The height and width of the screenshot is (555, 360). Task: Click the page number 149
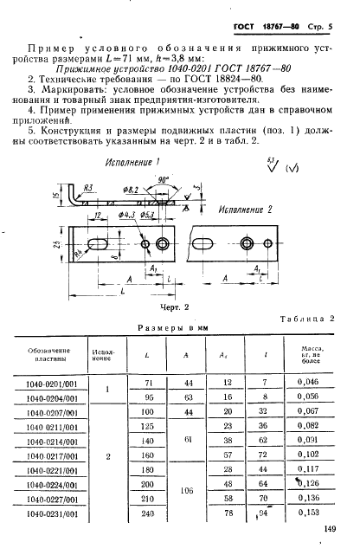click(329, 529)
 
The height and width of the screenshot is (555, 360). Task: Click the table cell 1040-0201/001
click(52, 384)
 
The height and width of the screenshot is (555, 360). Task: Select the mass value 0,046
click(308, 382)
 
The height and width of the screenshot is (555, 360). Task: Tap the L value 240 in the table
click(148, 513)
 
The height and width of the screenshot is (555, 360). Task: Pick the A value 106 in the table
click(187, 491)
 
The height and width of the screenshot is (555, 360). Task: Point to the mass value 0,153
click(308, 513)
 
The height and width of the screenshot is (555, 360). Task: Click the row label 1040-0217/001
click(52, 456)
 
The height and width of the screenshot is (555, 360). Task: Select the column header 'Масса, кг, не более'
click(311, 355)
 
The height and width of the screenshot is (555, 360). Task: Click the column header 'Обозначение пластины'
click(49, 355)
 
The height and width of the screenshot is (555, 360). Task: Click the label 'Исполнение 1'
click(132, 163)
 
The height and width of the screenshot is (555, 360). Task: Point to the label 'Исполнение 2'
click(245, 210)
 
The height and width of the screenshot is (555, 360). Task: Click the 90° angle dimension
click(163, 180)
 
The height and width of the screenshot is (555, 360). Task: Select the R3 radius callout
click(87, 188)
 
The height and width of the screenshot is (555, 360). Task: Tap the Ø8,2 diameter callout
click(131, 190)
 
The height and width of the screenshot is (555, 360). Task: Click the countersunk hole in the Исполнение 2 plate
click(247, 243)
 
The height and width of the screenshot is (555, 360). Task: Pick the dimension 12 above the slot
click(98, 215)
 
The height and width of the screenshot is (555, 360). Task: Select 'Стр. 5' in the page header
click(319, 27)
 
